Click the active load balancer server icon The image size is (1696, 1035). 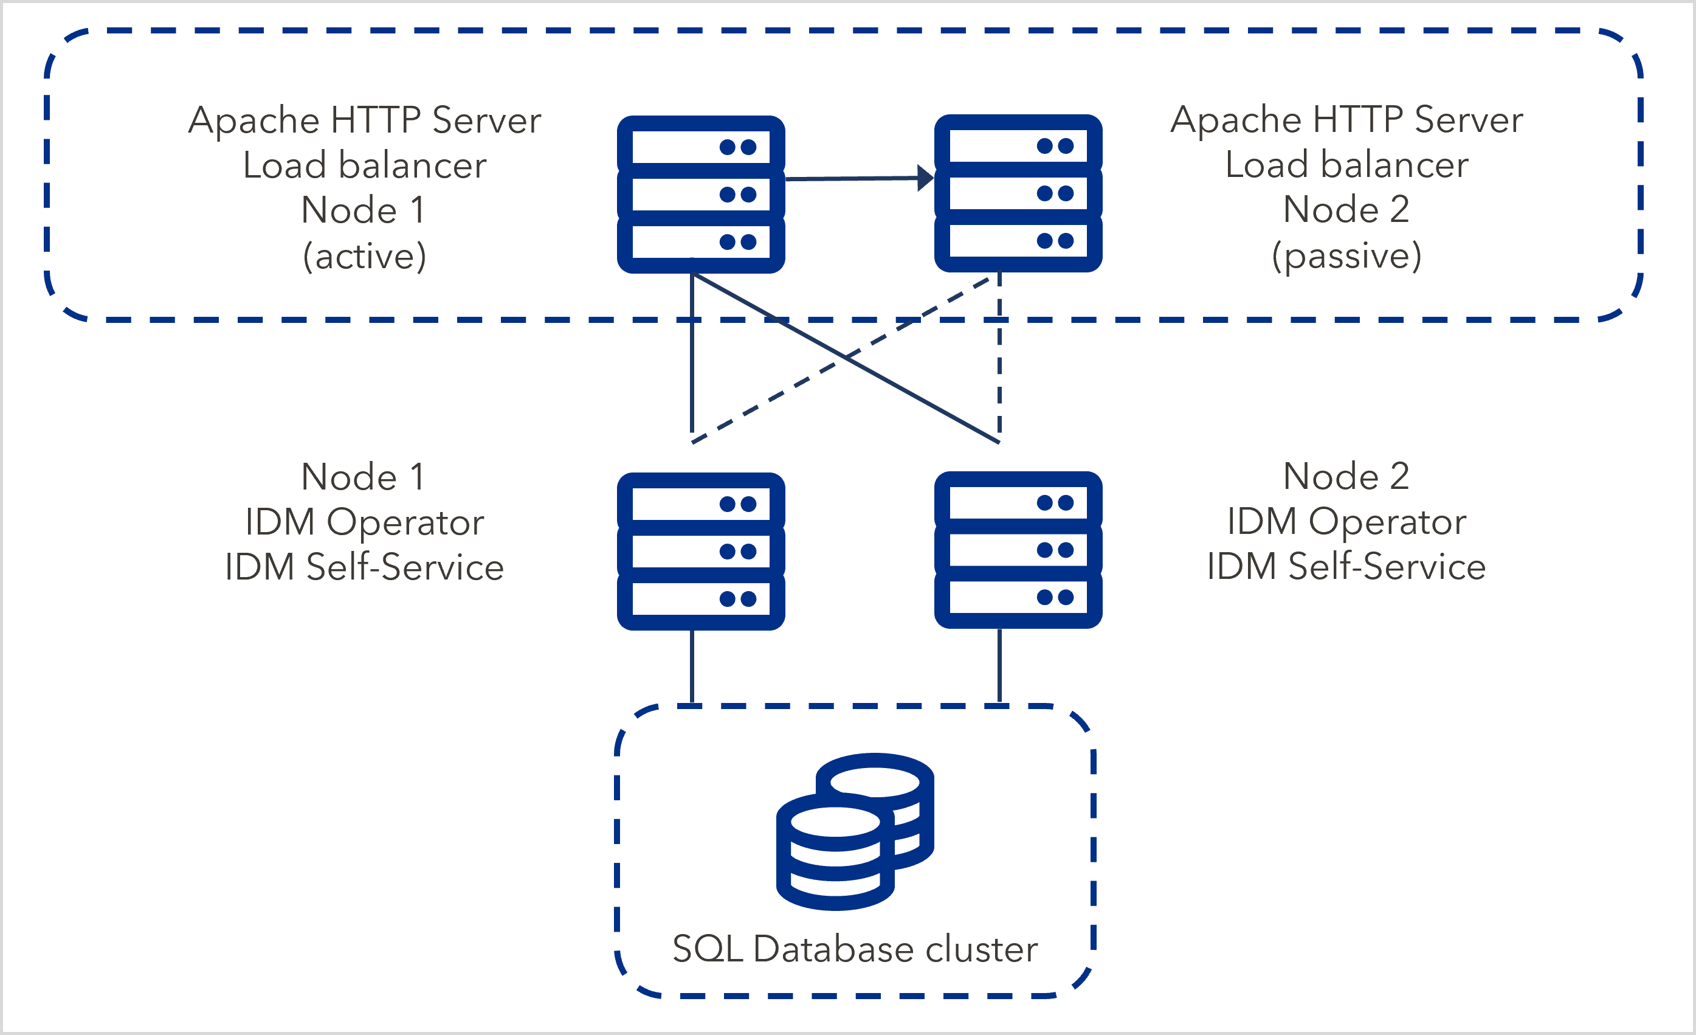[701, 195]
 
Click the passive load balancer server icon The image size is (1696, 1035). [1018, 193]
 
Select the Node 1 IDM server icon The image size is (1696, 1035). [701, 552]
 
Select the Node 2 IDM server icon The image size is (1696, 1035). [1018, 550]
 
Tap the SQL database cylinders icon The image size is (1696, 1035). [855, 831]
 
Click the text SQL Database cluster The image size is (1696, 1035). [855, 949]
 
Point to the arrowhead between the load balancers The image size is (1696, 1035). [926, 178]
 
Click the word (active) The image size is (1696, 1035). [365, 256]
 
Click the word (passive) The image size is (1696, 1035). [1346, 256]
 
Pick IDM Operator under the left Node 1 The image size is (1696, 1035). [365, 522]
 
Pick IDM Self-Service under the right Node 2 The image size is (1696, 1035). [1346, 567]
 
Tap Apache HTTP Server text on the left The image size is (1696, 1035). [365, 120]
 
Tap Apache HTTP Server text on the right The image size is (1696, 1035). [1346, 120]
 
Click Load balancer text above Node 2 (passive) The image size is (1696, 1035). [1346, 165]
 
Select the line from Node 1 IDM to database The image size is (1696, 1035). [692, 666]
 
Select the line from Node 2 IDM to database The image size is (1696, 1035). [999, 666]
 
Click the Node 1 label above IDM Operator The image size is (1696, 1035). [363, 477]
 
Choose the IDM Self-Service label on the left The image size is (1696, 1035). [365, 567]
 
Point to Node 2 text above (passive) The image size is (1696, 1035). [1346, 209]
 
